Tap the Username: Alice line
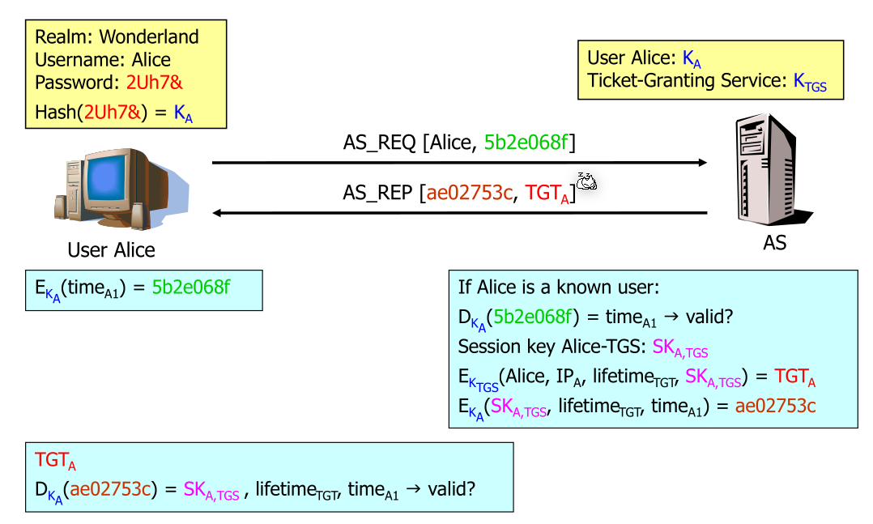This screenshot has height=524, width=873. click(x=103, y=60)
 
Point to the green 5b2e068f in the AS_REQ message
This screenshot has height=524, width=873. click(x=526, y=143)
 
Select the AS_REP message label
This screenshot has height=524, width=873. click(x=377, y=193)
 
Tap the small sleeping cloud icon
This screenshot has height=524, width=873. click(x=586, y=181)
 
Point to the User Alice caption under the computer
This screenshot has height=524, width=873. click(x=111, y=249)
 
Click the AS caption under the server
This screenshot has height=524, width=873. click(x=774, y=243)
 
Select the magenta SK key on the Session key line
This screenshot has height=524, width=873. click(x=680, y=348)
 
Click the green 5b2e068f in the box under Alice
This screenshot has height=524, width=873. click(x=191, y=287)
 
